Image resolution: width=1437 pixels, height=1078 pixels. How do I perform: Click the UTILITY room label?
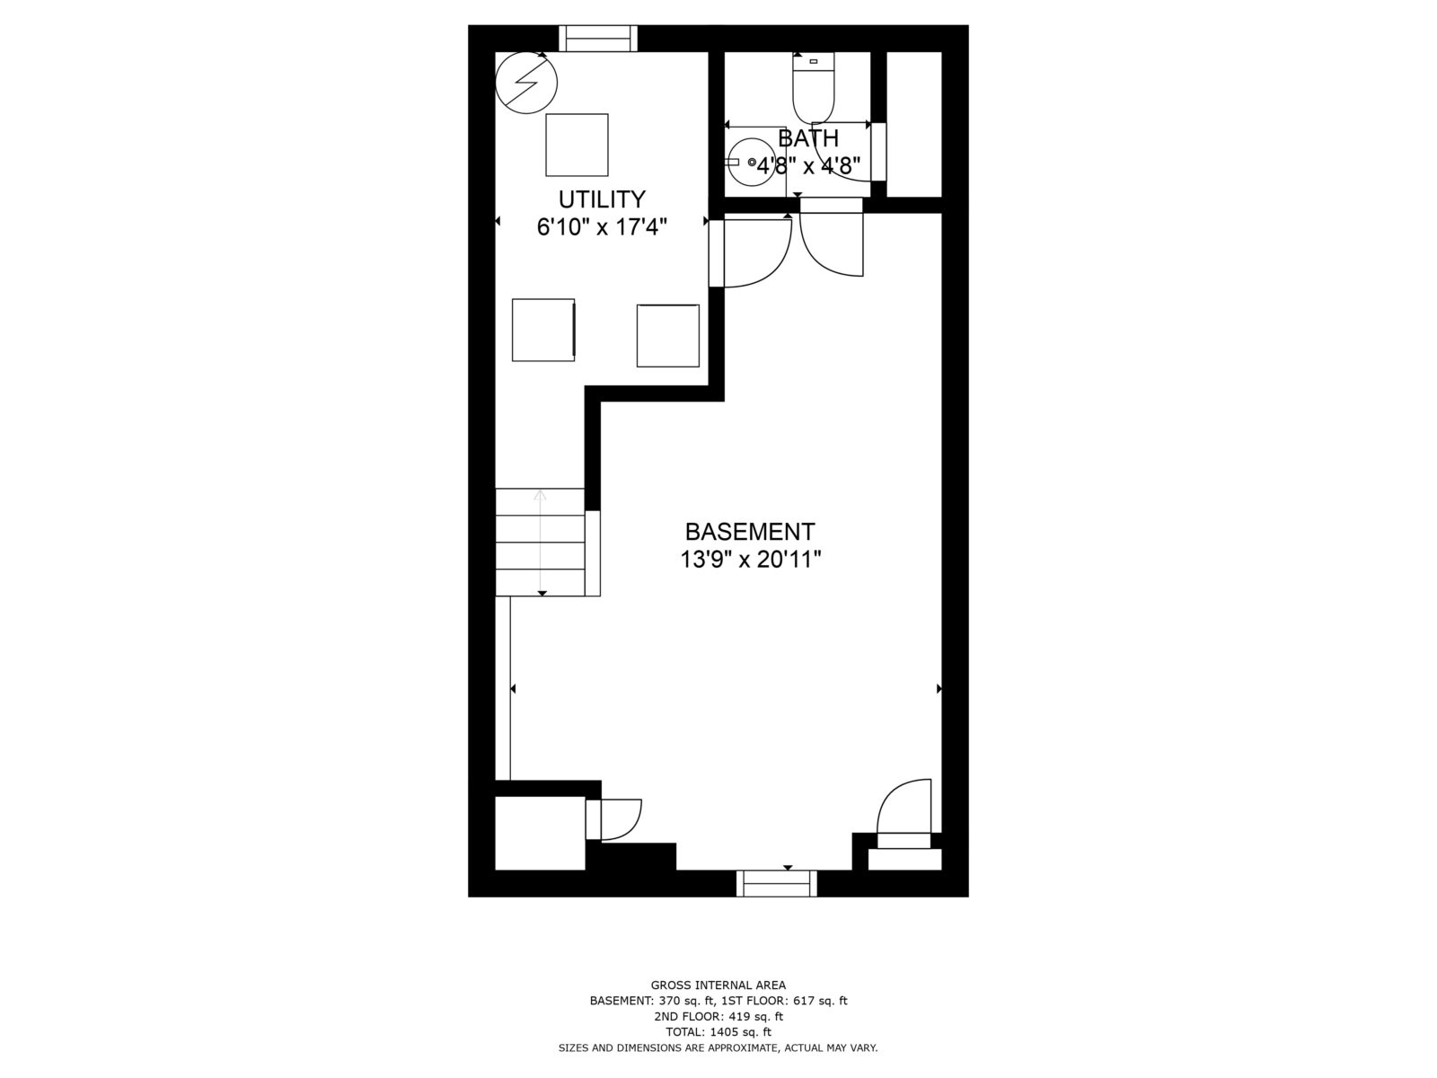[x=602, y=199]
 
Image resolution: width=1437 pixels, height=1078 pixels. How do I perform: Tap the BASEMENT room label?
[x=750, y=531]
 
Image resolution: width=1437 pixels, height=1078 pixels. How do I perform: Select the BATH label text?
[x=808, y=138]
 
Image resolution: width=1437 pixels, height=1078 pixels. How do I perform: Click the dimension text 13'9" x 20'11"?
[x=751, y=561]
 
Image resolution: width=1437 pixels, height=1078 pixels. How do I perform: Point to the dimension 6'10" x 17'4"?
[x=602, y=227]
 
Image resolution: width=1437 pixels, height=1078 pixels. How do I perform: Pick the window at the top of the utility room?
[x=598, y=39]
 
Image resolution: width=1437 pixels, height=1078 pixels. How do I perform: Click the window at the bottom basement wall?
[x=777, y=883]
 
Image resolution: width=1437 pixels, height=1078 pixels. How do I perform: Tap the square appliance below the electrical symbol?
[x=577, y=145]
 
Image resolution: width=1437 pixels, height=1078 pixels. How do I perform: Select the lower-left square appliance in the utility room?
[x=543, y=330]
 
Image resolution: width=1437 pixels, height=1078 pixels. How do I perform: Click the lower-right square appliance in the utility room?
[x=667, y=335]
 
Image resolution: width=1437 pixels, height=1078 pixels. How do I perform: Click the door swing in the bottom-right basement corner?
[x=905, y=808]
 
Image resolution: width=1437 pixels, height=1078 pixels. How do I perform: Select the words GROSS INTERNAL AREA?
[x=718, y=985]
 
